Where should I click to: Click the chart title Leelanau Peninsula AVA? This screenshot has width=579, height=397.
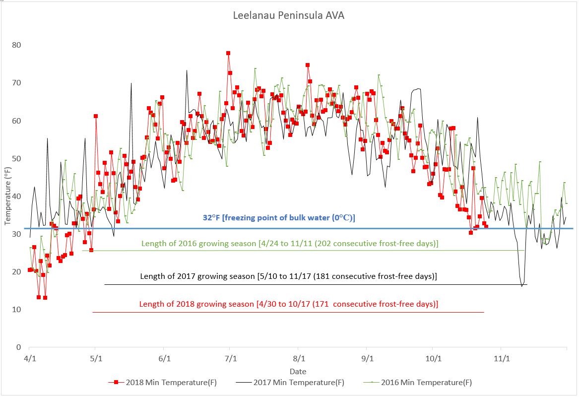289,15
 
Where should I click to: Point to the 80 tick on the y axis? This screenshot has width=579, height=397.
17,45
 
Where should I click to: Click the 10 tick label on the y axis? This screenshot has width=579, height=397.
17,309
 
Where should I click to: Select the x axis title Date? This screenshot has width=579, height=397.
298,371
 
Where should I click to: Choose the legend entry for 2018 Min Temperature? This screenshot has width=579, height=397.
162,383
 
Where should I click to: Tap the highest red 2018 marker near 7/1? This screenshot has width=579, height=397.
228,53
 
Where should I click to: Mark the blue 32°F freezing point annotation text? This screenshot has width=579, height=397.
279,218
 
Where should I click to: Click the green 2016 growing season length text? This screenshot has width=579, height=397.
290,244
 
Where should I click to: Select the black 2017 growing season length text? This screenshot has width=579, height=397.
289,276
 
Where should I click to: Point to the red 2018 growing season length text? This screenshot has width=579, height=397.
289,304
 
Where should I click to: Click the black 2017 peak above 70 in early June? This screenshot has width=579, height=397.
187,70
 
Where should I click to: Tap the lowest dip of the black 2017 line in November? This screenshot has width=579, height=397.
522,286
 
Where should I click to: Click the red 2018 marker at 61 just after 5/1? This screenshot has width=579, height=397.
96,116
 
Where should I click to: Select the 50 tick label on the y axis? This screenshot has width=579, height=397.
17,158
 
